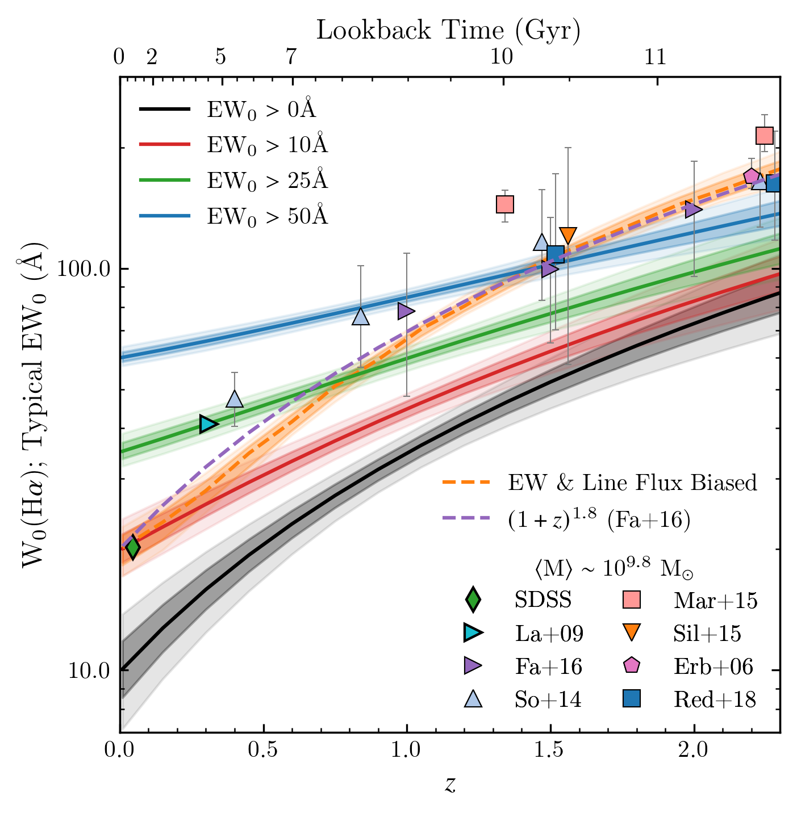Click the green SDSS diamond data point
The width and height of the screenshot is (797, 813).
coord(133,547)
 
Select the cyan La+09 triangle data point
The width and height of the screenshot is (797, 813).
coord(208,424)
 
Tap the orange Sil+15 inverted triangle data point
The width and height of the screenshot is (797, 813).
coord(568,236)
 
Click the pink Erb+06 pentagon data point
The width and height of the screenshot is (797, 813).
coord(752,177)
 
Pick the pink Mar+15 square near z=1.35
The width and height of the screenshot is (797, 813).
coord(505,204)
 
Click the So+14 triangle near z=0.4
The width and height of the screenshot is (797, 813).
coord(235,399)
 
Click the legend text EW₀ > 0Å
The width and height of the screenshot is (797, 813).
coord(261,108)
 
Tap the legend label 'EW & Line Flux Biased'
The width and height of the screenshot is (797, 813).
coord(632,483)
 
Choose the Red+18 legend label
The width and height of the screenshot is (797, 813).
coord(715,699)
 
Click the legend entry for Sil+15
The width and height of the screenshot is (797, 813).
coord(707,633)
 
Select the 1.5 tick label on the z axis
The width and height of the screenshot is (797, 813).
coord(550,749)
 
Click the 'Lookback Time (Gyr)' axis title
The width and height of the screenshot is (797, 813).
coord(448,30)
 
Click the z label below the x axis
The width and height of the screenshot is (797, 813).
coord(450,785)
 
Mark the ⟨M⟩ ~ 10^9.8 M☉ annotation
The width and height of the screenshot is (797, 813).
coord(614,568)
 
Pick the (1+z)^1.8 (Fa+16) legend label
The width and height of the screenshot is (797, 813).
coord(599,520)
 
